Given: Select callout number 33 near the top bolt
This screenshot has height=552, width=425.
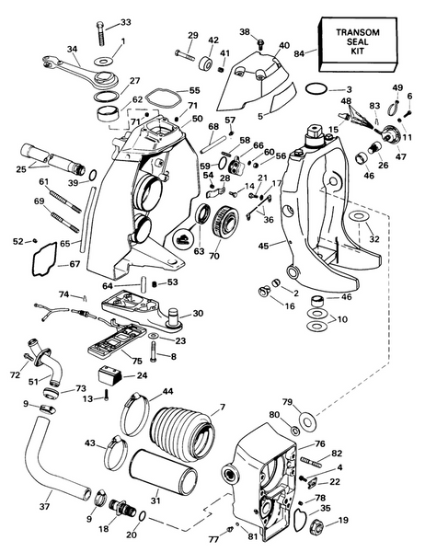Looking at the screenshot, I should [125, 22].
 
